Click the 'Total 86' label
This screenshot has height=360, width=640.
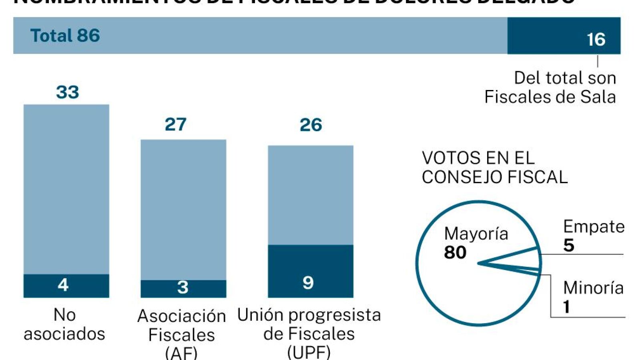click(x=65, y=36)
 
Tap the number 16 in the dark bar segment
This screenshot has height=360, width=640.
click(x=596, y=40)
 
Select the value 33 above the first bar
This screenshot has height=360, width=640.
click(x=67, y=92)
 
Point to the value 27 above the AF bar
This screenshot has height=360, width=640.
click(x=175, y=125)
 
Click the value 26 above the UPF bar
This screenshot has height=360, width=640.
click(x=311, y=125)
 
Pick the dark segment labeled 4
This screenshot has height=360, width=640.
click(x=66, y=286)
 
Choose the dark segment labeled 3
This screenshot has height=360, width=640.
click(x=183, y=288)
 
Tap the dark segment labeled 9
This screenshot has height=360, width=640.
click(x=310, y=271)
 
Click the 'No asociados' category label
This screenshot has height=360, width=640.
click(x=64, y=324)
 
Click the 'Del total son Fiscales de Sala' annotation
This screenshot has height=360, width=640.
click(x=550, y=87)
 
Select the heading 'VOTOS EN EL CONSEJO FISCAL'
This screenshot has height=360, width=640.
click(x=495, y=168)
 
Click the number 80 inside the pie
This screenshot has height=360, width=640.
click(x=455, y=252)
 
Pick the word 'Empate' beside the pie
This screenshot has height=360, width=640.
click(x=594, y=227)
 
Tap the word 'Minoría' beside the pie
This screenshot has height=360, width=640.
click(x=593, y=288)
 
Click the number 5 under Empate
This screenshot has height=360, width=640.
click(x=569, y=245)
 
